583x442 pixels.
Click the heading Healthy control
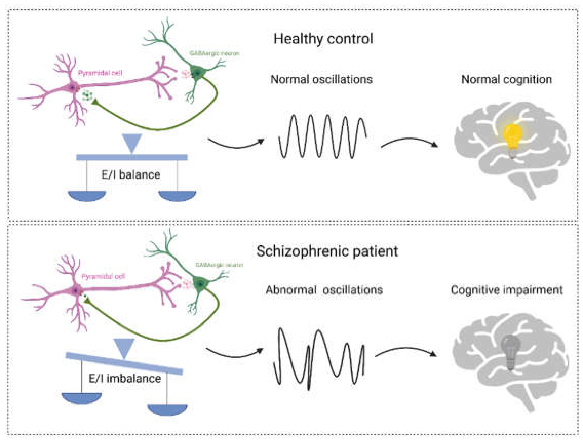(323, 39)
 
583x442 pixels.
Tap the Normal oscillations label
(321, 79)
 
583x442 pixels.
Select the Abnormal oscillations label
(324, 290)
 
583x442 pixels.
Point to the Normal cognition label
(506, 79)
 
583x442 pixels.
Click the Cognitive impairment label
(506, 290)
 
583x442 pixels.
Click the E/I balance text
(131, 175)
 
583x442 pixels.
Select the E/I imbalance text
(125, 378)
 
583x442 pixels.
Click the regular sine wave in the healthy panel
(322, 136)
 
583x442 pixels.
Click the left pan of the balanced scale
(87, 195)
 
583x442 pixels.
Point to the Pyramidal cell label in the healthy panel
(100, 73)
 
